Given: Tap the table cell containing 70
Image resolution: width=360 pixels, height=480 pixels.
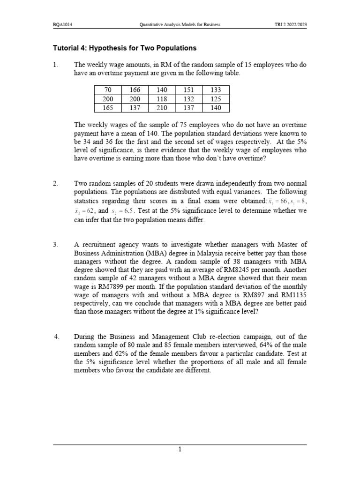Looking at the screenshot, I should click(x=107, y=90).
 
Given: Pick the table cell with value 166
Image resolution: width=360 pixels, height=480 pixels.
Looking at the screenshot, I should click(x=135, y=90).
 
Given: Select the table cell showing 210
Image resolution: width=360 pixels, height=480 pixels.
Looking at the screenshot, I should click(x=161, y=108).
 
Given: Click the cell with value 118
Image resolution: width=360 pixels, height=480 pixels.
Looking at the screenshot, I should click(x=161, y=99).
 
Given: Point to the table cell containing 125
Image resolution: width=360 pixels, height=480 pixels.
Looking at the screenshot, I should click(x=216, y=99).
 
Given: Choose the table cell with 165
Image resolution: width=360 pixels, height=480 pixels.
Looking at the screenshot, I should click(x=107, y=108).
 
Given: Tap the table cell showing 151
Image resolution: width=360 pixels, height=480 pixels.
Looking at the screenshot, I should click(x=188, y=90).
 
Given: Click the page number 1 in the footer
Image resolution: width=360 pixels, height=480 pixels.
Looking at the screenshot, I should click(x=180, y=450).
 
